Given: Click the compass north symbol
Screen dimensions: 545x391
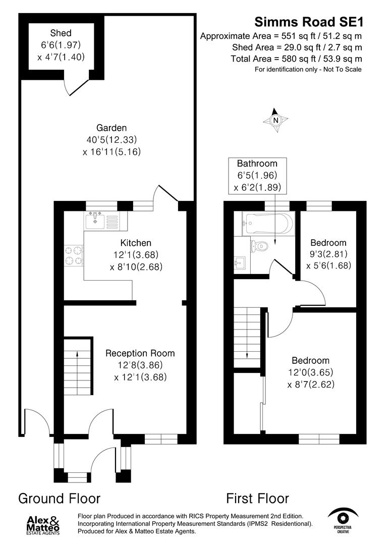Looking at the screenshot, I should tap(275, 120).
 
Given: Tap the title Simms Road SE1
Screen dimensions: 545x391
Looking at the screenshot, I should tap(308, 22).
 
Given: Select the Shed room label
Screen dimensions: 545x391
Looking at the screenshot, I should tap(61, 34).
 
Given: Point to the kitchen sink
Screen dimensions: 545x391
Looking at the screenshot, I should tap(95, 220).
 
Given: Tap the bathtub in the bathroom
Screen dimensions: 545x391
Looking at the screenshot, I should tap(267, 224).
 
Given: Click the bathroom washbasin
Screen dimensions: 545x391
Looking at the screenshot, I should tap(240, 262).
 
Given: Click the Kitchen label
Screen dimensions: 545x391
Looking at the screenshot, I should tap(136, 243).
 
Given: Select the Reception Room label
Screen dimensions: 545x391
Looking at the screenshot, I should tap(140, 353).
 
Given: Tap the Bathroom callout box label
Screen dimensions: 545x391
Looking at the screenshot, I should tap(257, 163).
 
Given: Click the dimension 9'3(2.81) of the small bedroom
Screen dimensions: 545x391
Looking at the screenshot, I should tap(328, 254).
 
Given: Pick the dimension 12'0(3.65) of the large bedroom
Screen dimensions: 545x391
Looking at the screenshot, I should tap(311, 373).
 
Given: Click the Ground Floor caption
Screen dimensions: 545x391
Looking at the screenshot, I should tap(59, 499).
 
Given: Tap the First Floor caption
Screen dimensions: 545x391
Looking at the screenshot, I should tap(257, 499).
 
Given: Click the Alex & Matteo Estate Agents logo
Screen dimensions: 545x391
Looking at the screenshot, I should tap(43, 524).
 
